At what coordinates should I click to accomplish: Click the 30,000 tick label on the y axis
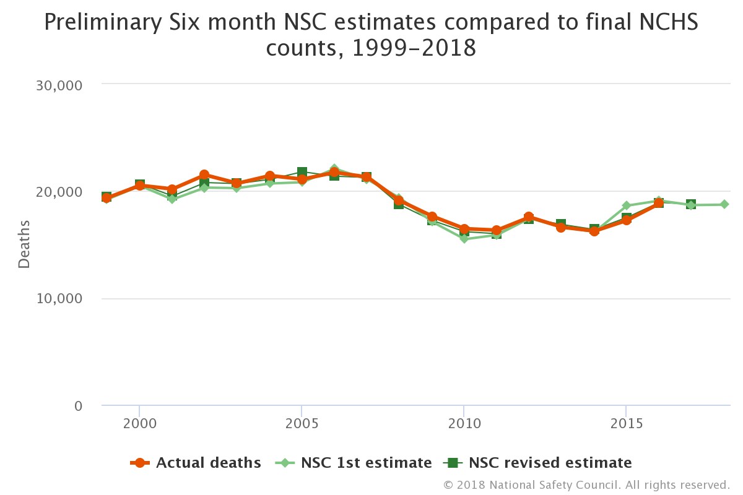tap(56, 85)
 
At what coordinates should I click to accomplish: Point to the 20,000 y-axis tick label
tap(56, 192)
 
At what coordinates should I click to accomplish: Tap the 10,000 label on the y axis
tap(56, 299)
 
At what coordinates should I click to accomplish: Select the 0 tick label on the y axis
tap(77, 406)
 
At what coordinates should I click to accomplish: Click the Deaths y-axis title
tap(24, 244)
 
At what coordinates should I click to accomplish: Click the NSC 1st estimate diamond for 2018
tap(723, 204)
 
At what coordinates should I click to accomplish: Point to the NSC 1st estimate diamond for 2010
tap(464, 239)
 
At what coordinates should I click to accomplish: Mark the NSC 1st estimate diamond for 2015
tap(626, 205)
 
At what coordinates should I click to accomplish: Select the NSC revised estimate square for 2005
tap(302, 172)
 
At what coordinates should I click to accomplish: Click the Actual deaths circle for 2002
tap(204, 175)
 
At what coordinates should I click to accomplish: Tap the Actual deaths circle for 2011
tap(496, 230)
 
